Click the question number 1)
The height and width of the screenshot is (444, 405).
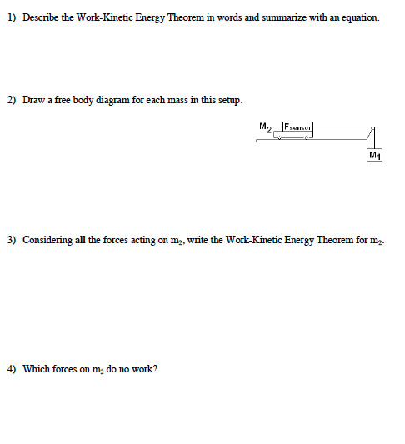click(x=12, y=17)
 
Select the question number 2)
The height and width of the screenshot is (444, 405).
click(x=12, y=100)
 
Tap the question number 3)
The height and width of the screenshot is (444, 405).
click(x=12, y=240)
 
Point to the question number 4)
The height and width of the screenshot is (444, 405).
click(x=12, y=369)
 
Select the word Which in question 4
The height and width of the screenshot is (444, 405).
click(x=37, y=369)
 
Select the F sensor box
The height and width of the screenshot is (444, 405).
click(x=297, y=127)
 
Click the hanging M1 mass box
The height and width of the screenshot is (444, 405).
click(x=374, y=156)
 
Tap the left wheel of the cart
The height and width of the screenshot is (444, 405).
click(x=278, y=138)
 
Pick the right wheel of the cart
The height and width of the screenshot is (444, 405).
click(x=307, y=138)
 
